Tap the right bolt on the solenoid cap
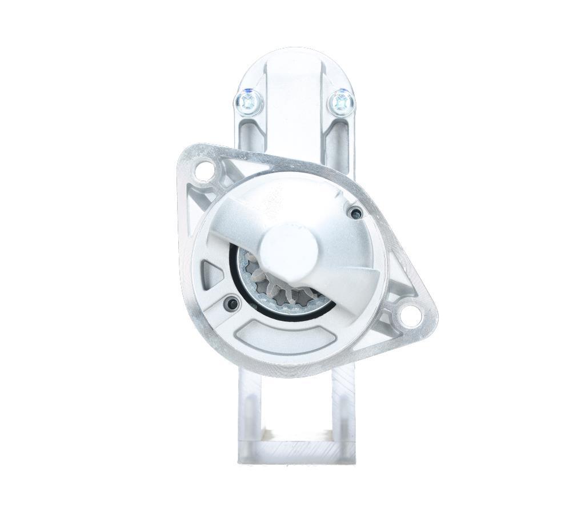click(x=341, y=102)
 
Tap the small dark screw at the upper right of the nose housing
click(x=355, y=214)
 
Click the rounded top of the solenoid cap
click(x=294, y=60)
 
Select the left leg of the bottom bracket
click(x=250, y=411)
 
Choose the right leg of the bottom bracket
click(x=343, y=411)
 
